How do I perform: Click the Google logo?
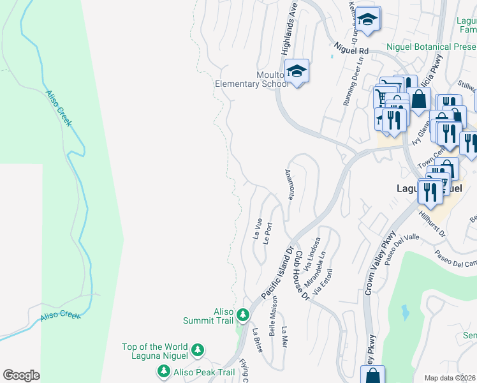click(21, 375)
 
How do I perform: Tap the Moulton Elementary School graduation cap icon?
click(297, 71)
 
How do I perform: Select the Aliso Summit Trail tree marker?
click(242, 315)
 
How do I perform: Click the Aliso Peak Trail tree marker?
click(163, 372)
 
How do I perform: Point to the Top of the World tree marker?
click(198, 350)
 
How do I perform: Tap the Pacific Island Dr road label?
click(276, 273)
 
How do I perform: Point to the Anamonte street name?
click(289, 184)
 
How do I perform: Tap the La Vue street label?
click(258, 229)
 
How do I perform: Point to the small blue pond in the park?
click(405, 312)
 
